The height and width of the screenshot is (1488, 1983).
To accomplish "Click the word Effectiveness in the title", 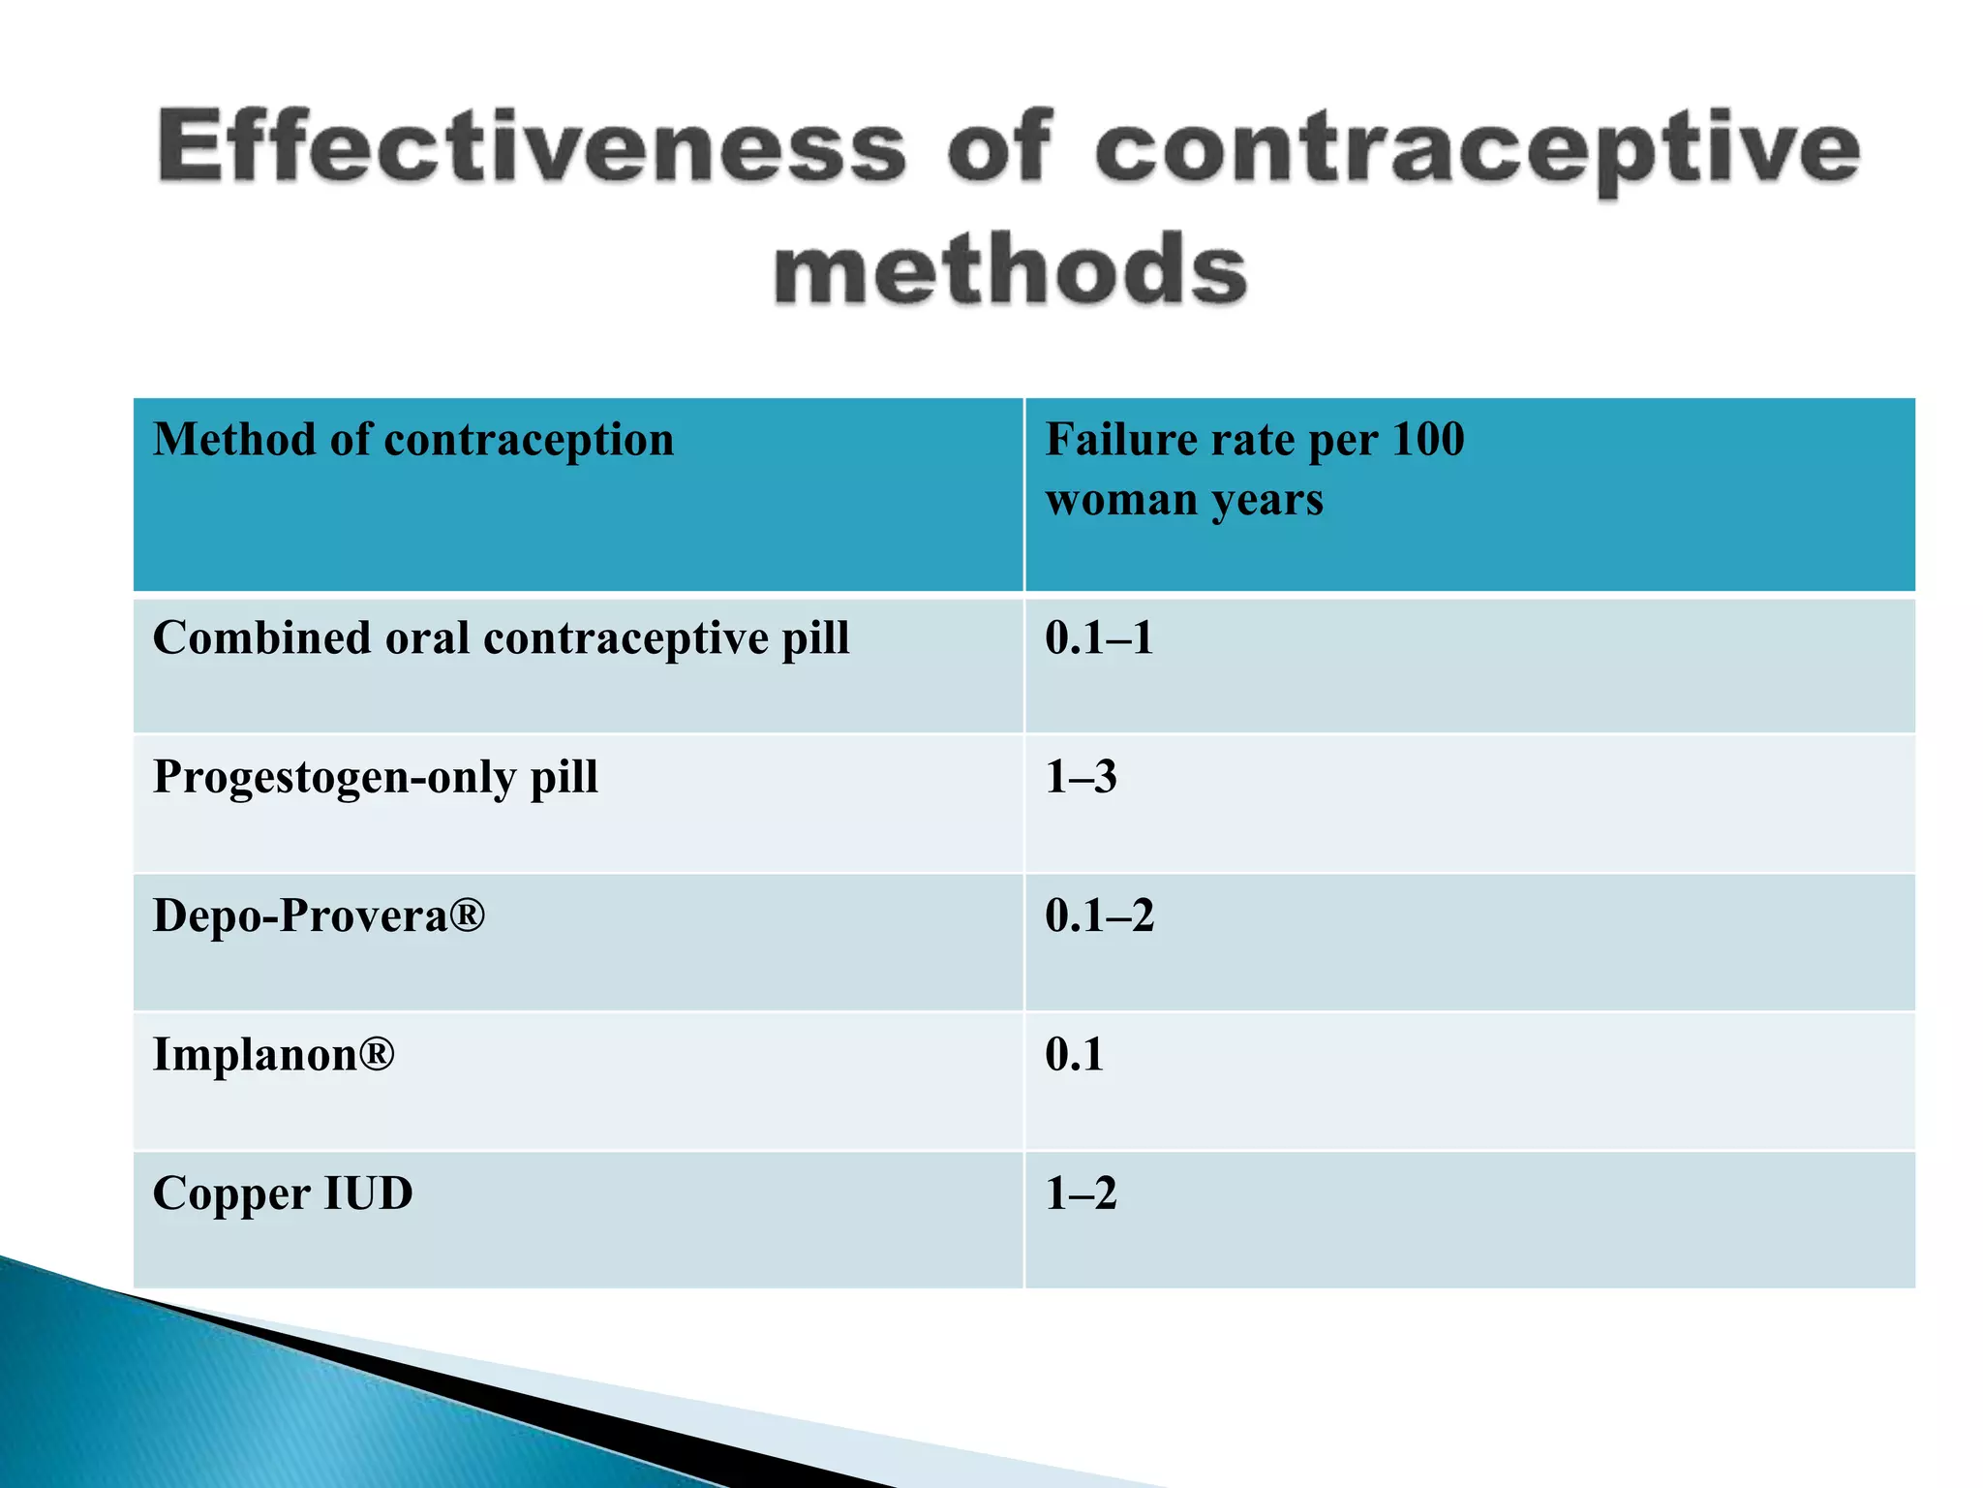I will click(x=532, y=147).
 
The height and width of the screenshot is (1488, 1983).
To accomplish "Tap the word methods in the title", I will click(x=1010, y=270).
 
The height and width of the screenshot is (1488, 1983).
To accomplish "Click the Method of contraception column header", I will click(x=413, y=440).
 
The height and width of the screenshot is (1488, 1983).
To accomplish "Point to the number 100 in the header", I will click(x=1428, y=439).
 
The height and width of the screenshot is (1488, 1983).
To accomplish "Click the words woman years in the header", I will click(x=1184, y=500).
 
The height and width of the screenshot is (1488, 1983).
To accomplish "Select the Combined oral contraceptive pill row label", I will click(x=501, y=638).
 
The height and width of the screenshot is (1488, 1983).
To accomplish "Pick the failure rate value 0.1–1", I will click(x=1099, y=638).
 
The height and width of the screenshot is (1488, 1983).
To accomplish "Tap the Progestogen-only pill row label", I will click(x=376, y=777).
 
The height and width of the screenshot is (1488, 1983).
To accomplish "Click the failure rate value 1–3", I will click(x=1081, y=777).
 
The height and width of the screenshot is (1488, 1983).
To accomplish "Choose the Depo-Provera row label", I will click(x=319, y=915).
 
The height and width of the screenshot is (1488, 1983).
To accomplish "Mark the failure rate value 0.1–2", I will click(x=1099, y=915).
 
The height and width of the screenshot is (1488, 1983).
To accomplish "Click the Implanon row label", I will click(x=274, y=1054).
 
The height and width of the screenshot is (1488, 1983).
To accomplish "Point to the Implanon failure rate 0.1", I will click(x=1074, y=1054).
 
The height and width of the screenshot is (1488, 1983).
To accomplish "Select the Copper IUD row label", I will click(x=283, y=1193).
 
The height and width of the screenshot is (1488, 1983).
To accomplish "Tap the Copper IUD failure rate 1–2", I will click(x=1081, y=1193).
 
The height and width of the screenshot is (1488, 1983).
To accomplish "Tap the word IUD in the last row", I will click(x=368, y=1193).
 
